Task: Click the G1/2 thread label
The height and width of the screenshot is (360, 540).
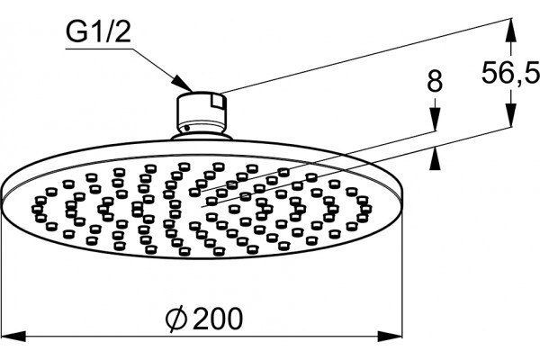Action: point(98,33)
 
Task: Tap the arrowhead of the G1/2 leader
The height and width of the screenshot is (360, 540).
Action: point(183,84)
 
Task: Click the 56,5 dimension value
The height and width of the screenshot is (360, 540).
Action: point(510,72)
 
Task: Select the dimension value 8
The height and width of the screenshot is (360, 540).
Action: point(435,81)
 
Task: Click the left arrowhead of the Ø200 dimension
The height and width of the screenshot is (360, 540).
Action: point(13,337)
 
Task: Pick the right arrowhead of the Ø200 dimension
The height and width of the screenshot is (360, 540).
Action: point(390,337)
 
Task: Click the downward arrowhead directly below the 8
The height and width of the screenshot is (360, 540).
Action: point(435,119)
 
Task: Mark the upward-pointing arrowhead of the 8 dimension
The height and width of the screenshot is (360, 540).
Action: point(435,158)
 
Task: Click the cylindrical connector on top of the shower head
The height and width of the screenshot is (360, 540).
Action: point(202,112)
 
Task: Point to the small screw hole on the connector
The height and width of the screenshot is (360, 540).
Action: point(186,128)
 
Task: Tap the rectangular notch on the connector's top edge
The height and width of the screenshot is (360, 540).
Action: point(218,102)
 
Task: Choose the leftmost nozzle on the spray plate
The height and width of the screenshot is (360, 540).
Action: point(37,209)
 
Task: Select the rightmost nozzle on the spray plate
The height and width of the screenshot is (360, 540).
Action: point(366,209)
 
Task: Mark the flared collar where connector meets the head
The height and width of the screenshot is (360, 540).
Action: point(202,136)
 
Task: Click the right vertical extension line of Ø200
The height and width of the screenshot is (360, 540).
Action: point(402,270)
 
